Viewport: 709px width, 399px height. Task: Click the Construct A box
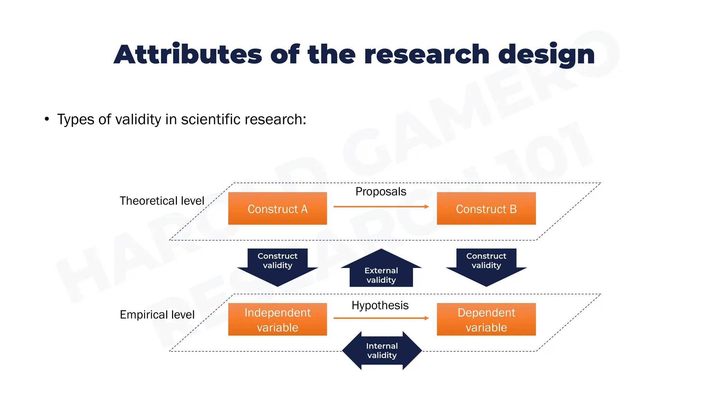point(277,209)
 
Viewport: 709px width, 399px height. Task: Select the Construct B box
point(486,209)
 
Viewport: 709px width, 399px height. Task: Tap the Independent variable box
point(277,319)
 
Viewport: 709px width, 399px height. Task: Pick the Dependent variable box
point(486,319)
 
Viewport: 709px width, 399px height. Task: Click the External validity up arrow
point(381,270)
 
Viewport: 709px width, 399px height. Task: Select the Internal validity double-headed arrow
point(382,351)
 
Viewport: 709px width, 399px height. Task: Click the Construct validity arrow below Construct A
point(277,265)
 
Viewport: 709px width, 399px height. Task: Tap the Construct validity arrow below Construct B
point(486,265)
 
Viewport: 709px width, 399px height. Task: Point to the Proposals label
point(380,192)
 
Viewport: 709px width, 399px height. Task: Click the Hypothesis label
point(380,305)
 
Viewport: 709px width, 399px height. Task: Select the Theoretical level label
point(162,201)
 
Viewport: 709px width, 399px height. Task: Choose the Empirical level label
point(157,314)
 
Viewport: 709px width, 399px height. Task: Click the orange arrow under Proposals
point(381,207)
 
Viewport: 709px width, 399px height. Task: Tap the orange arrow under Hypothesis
point(381,318)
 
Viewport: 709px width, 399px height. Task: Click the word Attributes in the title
point(188,55)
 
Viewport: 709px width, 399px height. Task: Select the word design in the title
point(546,55)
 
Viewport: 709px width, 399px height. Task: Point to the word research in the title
point(427,55)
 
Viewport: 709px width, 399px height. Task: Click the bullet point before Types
point(47,119)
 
